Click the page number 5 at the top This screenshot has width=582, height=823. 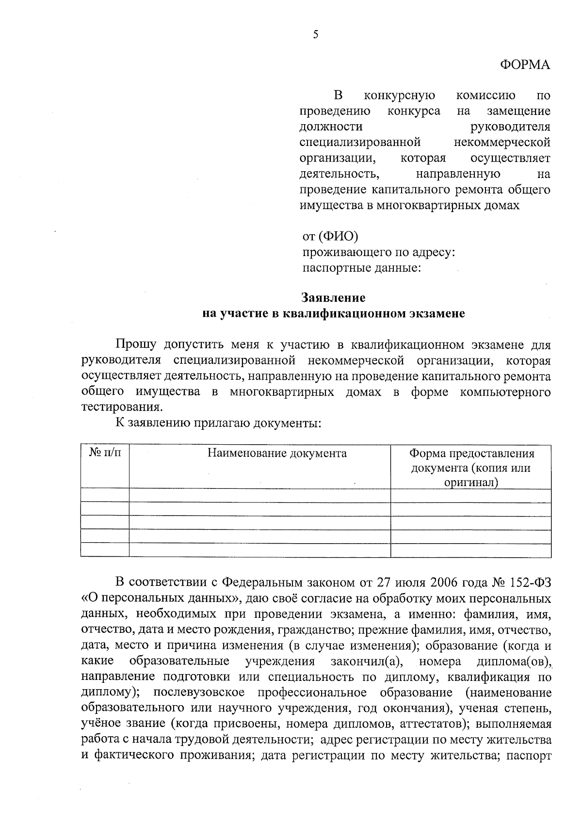[x=316, y=34]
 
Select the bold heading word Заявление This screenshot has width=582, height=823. [x=333, y=297]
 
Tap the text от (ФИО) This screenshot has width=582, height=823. [x=330, y=237]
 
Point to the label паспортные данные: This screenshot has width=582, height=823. [x=361, y=268]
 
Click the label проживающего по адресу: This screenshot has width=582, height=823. [x=378, y=252]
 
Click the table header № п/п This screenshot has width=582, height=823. [x=105, y=453]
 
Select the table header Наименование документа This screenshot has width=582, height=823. [x=277, y=453]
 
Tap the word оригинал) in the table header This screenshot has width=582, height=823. [x=471, y=483]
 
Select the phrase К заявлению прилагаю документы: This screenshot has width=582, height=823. [x=218, y=423]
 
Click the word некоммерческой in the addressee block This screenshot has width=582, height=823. [x=502, y=143]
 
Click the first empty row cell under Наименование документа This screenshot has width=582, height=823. [x=259, y=496]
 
